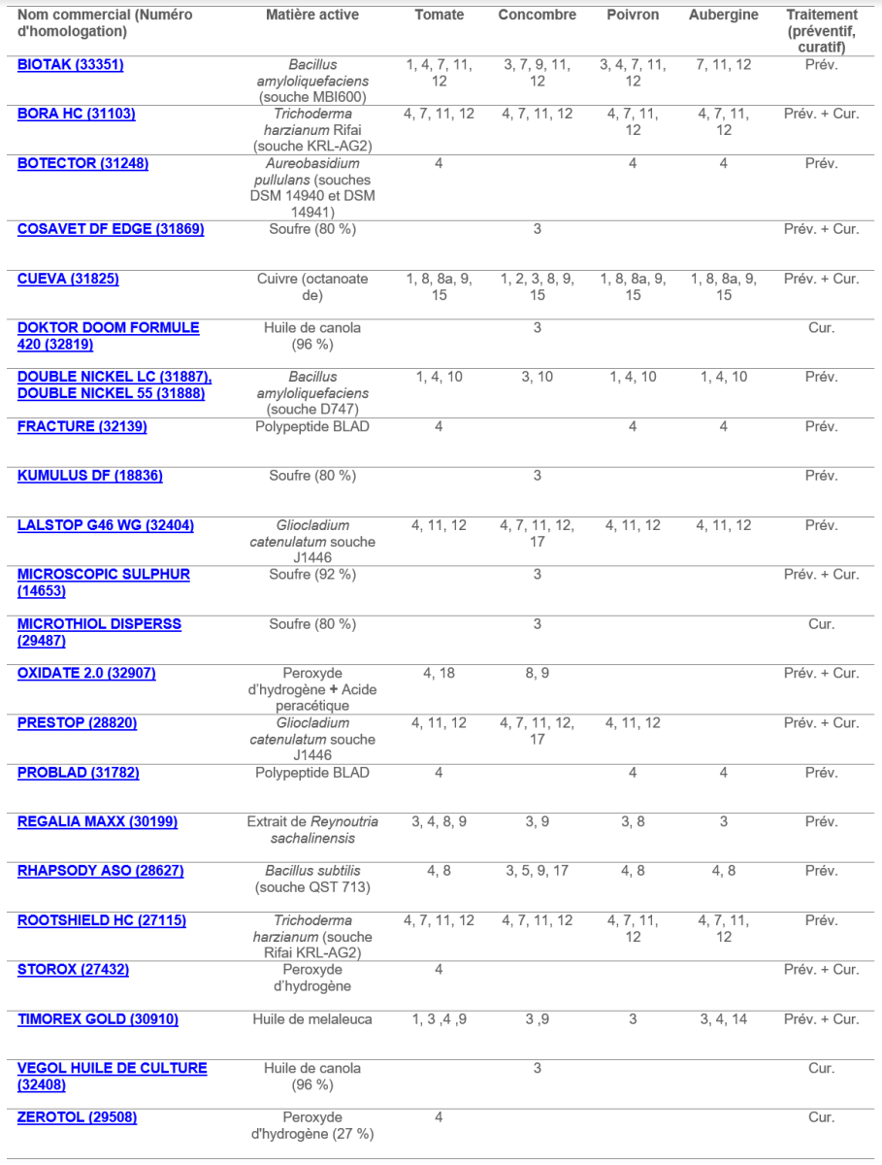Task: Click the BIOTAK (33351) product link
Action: coord(71,65)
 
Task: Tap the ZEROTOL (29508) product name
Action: coord(77,1117)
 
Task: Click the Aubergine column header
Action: coord(723,16)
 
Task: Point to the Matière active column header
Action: coord(312,16)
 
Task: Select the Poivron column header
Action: coord(633,16)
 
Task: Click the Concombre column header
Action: coord(537,16)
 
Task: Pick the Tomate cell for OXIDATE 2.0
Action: coord(439,673)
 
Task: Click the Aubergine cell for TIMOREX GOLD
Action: coord(723,1019)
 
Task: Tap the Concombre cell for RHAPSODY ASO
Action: coord(537,871)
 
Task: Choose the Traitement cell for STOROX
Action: coord(821,970)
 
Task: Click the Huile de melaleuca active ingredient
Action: coord(312,1019)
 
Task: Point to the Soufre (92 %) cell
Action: coord(312,575)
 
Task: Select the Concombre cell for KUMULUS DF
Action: coord(537,476)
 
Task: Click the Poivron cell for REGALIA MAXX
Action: coord(633,822)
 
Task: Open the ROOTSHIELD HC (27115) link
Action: coord(102,920)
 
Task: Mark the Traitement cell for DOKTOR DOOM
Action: coord(821,328)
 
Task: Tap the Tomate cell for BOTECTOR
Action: coord(439,163)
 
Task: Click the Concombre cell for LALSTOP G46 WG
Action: coord(537,533)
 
